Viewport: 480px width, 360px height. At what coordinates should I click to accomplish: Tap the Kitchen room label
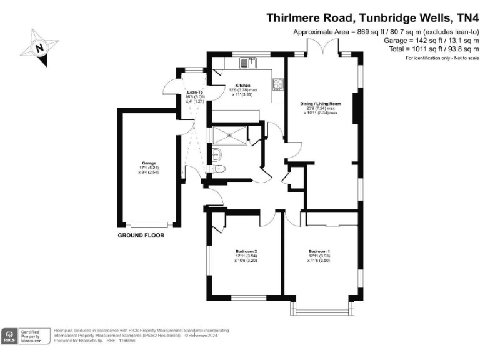(242, 86)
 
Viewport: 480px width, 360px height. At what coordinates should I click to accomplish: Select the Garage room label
(148, 163)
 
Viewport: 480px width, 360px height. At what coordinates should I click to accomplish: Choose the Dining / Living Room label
(321, 104)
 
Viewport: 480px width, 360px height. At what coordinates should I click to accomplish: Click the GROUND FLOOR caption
(141, 236)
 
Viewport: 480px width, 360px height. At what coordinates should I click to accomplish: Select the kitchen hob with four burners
(278, 87)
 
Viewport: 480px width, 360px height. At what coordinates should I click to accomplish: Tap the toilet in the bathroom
(219, 169)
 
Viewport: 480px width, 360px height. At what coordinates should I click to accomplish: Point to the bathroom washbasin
(217, 154)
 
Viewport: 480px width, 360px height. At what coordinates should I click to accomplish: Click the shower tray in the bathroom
(229, 135)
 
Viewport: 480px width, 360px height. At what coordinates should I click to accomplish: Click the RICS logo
(10, 336)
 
